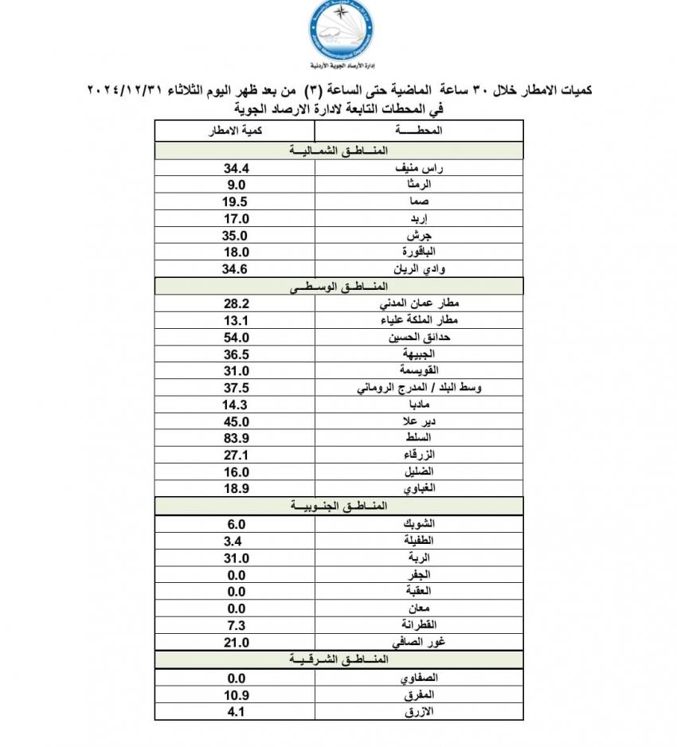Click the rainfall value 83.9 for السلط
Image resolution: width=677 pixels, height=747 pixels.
click(237, 437)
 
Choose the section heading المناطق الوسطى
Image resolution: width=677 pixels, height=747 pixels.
click(338, 284)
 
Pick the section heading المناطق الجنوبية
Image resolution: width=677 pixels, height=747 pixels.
click(338, 506)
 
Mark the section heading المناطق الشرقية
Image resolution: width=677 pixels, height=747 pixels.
click(338, 660)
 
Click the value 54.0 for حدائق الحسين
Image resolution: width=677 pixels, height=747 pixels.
click(237, 337)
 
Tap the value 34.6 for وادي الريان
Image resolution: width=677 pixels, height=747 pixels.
click(237, 269)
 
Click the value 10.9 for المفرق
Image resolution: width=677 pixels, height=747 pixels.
click(237, 694)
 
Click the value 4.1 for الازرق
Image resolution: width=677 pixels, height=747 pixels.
click(237, 711)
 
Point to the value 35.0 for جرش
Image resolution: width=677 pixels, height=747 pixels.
click(237, 236)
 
